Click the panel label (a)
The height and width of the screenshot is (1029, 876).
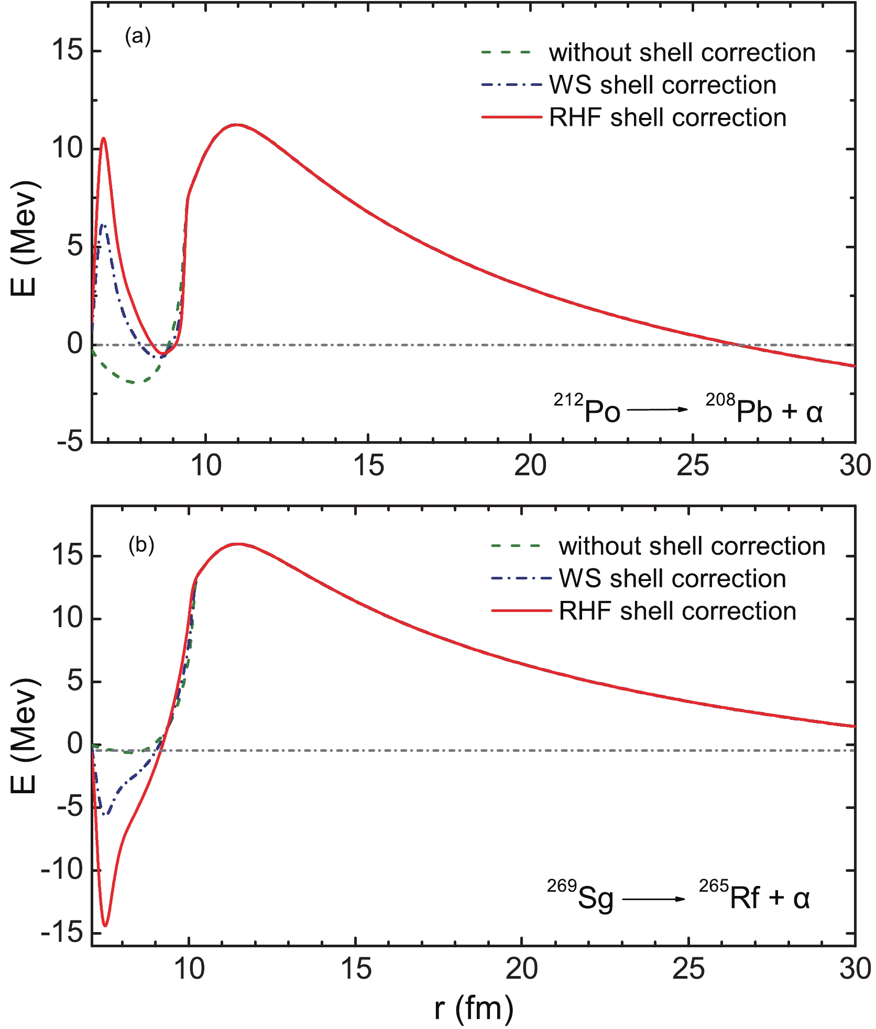(x=137, y=37)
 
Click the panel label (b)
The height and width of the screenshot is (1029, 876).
(x=141, y=545)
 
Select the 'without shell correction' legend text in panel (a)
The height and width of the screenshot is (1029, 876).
(x=682, y=53)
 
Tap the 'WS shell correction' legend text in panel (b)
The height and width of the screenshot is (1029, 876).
(x=672, y=579)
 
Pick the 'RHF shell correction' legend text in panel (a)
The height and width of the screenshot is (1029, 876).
(x=667, y=118)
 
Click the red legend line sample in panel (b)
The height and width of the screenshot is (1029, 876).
(x=521, y=611)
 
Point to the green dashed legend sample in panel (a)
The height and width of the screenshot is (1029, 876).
(x=506, y=52)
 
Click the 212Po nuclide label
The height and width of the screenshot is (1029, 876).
(x=587, y=409)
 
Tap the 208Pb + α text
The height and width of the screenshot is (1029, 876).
(x=764, y=409)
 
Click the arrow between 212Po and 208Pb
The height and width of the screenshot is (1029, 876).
(x=657, y=409)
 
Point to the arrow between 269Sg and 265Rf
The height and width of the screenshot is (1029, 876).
(x=653, y=899)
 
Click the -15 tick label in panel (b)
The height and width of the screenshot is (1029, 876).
(x=62, y=933)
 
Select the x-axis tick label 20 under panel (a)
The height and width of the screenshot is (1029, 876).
(x=530, y=465)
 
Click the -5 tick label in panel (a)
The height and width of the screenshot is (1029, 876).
(x=70, y=442)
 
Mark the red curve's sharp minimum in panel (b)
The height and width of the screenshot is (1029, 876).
(x=105, y=925)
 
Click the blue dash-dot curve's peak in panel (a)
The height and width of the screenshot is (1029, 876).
(x=103, y=225)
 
